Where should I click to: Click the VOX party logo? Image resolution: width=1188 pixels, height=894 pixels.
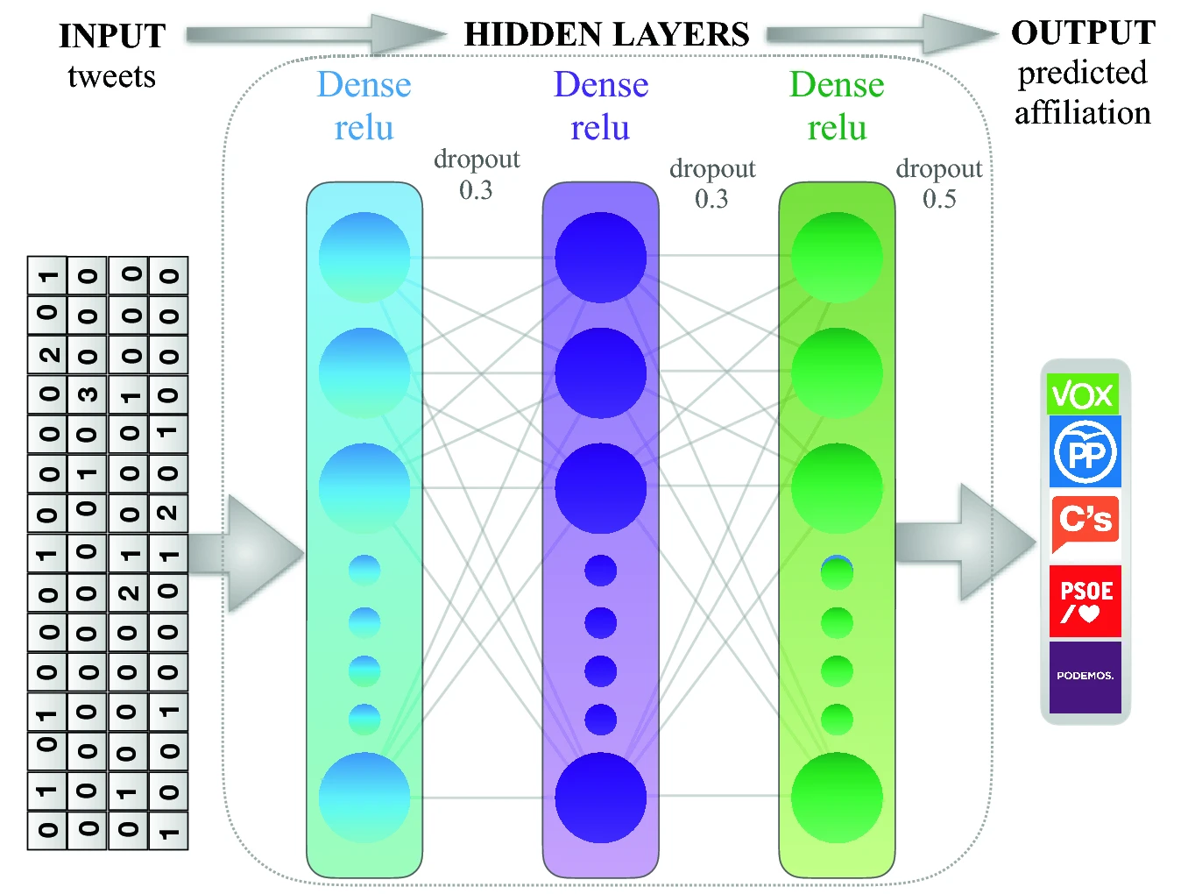coord(1083,394)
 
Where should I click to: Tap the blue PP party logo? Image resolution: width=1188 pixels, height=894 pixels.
coord(1085,452)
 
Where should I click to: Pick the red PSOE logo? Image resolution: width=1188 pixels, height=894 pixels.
coord(1085,601)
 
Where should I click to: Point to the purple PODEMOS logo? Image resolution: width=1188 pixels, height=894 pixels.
coord(1085,677)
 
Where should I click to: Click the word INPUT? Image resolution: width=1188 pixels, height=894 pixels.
coord(112,37)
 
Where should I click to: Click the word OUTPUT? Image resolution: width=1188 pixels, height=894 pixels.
coord(1083,33)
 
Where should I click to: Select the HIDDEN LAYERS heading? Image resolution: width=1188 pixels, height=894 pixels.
coord(606,35)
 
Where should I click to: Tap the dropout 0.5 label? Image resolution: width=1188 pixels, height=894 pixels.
coord(938,184)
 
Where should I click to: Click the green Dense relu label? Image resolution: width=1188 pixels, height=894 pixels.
coord(837,106)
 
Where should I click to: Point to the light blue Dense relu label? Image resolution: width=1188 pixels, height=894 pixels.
coord(364,106)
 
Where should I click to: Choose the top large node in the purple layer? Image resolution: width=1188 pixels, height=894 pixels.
coord(600,258)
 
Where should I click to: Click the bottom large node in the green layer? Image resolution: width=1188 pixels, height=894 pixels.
coord(837,798)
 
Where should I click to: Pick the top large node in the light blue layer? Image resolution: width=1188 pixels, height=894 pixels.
coord(364,258)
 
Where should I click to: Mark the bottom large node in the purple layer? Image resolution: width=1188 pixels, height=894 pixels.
coord(600,798)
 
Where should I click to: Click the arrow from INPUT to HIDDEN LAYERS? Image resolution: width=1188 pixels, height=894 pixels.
coord(315,35)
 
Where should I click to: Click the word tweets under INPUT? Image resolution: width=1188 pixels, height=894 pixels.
coord(112,77)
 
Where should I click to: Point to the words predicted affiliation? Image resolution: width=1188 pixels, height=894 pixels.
coord(1083,93)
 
